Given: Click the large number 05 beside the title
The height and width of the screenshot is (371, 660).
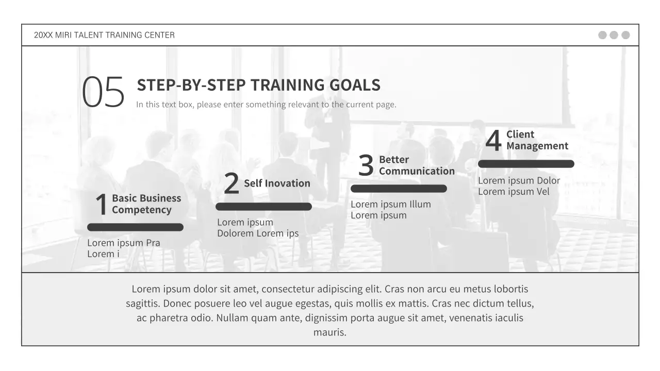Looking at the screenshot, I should point(103,93).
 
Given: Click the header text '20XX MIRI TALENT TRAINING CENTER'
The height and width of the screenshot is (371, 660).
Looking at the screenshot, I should point(104,35).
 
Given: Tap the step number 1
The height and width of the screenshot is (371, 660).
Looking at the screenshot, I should point(102,205).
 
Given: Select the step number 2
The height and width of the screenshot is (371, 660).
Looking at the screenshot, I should point(232,183).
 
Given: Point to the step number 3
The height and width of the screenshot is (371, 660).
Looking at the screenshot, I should point(366,165).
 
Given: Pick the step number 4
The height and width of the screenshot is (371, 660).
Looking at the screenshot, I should point(493,140).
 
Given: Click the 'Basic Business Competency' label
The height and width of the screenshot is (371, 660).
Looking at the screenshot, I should point(146,204).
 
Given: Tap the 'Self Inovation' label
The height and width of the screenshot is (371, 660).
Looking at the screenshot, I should point(277,183).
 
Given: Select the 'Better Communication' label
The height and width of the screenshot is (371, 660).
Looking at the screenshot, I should point(417,165).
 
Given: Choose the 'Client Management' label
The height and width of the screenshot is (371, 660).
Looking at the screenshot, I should point(537,140).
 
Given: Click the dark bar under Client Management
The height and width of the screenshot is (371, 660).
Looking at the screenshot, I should point(526,164).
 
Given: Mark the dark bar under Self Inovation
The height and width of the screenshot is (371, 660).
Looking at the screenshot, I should point(263,207).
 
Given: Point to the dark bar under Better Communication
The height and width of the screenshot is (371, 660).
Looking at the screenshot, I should point(399,189).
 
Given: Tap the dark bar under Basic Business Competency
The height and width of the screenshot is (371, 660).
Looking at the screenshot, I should point(135,227).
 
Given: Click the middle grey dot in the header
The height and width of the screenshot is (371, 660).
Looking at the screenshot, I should point(614,35).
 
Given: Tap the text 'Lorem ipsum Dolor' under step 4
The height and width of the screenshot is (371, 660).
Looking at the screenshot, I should point(519,180).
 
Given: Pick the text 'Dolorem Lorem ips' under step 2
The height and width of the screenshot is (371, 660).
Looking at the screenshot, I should point(258,233).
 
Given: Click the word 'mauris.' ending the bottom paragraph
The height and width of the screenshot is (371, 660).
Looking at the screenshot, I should point(330,332).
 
